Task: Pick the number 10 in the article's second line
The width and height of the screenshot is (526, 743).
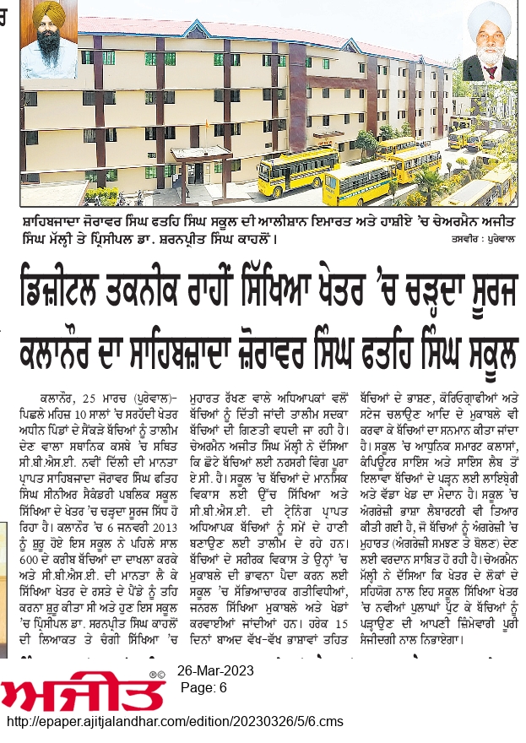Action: point(85,409)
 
